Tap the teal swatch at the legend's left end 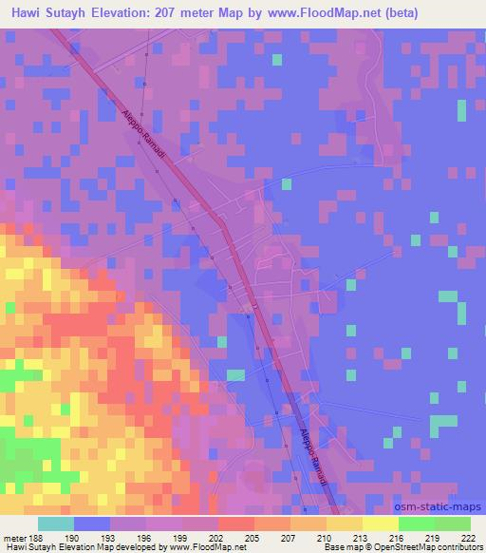point(56,524)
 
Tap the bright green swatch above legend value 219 point(417,524)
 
